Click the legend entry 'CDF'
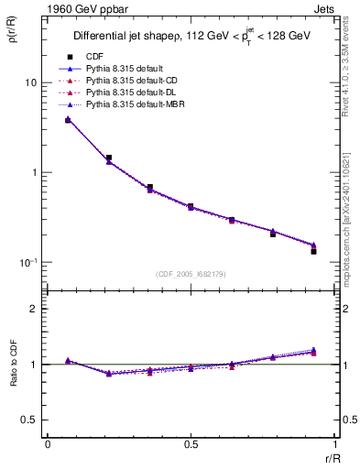pyautogui.click(x=95, y=57)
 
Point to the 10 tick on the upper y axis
pyautogui.click(x=29, y=82)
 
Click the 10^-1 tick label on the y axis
pyautogui.click(x=27, y=262)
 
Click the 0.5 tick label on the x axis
pyautogui.click(x=191, y=444)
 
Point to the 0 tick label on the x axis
pyautogui.click(x=48, y=444)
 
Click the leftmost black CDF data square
pyautogui.click(x=68, y=120)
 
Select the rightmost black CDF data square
pyautogui.click(x=313, y=251)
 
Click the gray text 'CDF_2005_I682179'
pyautogui.click(x=191, y=273)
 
